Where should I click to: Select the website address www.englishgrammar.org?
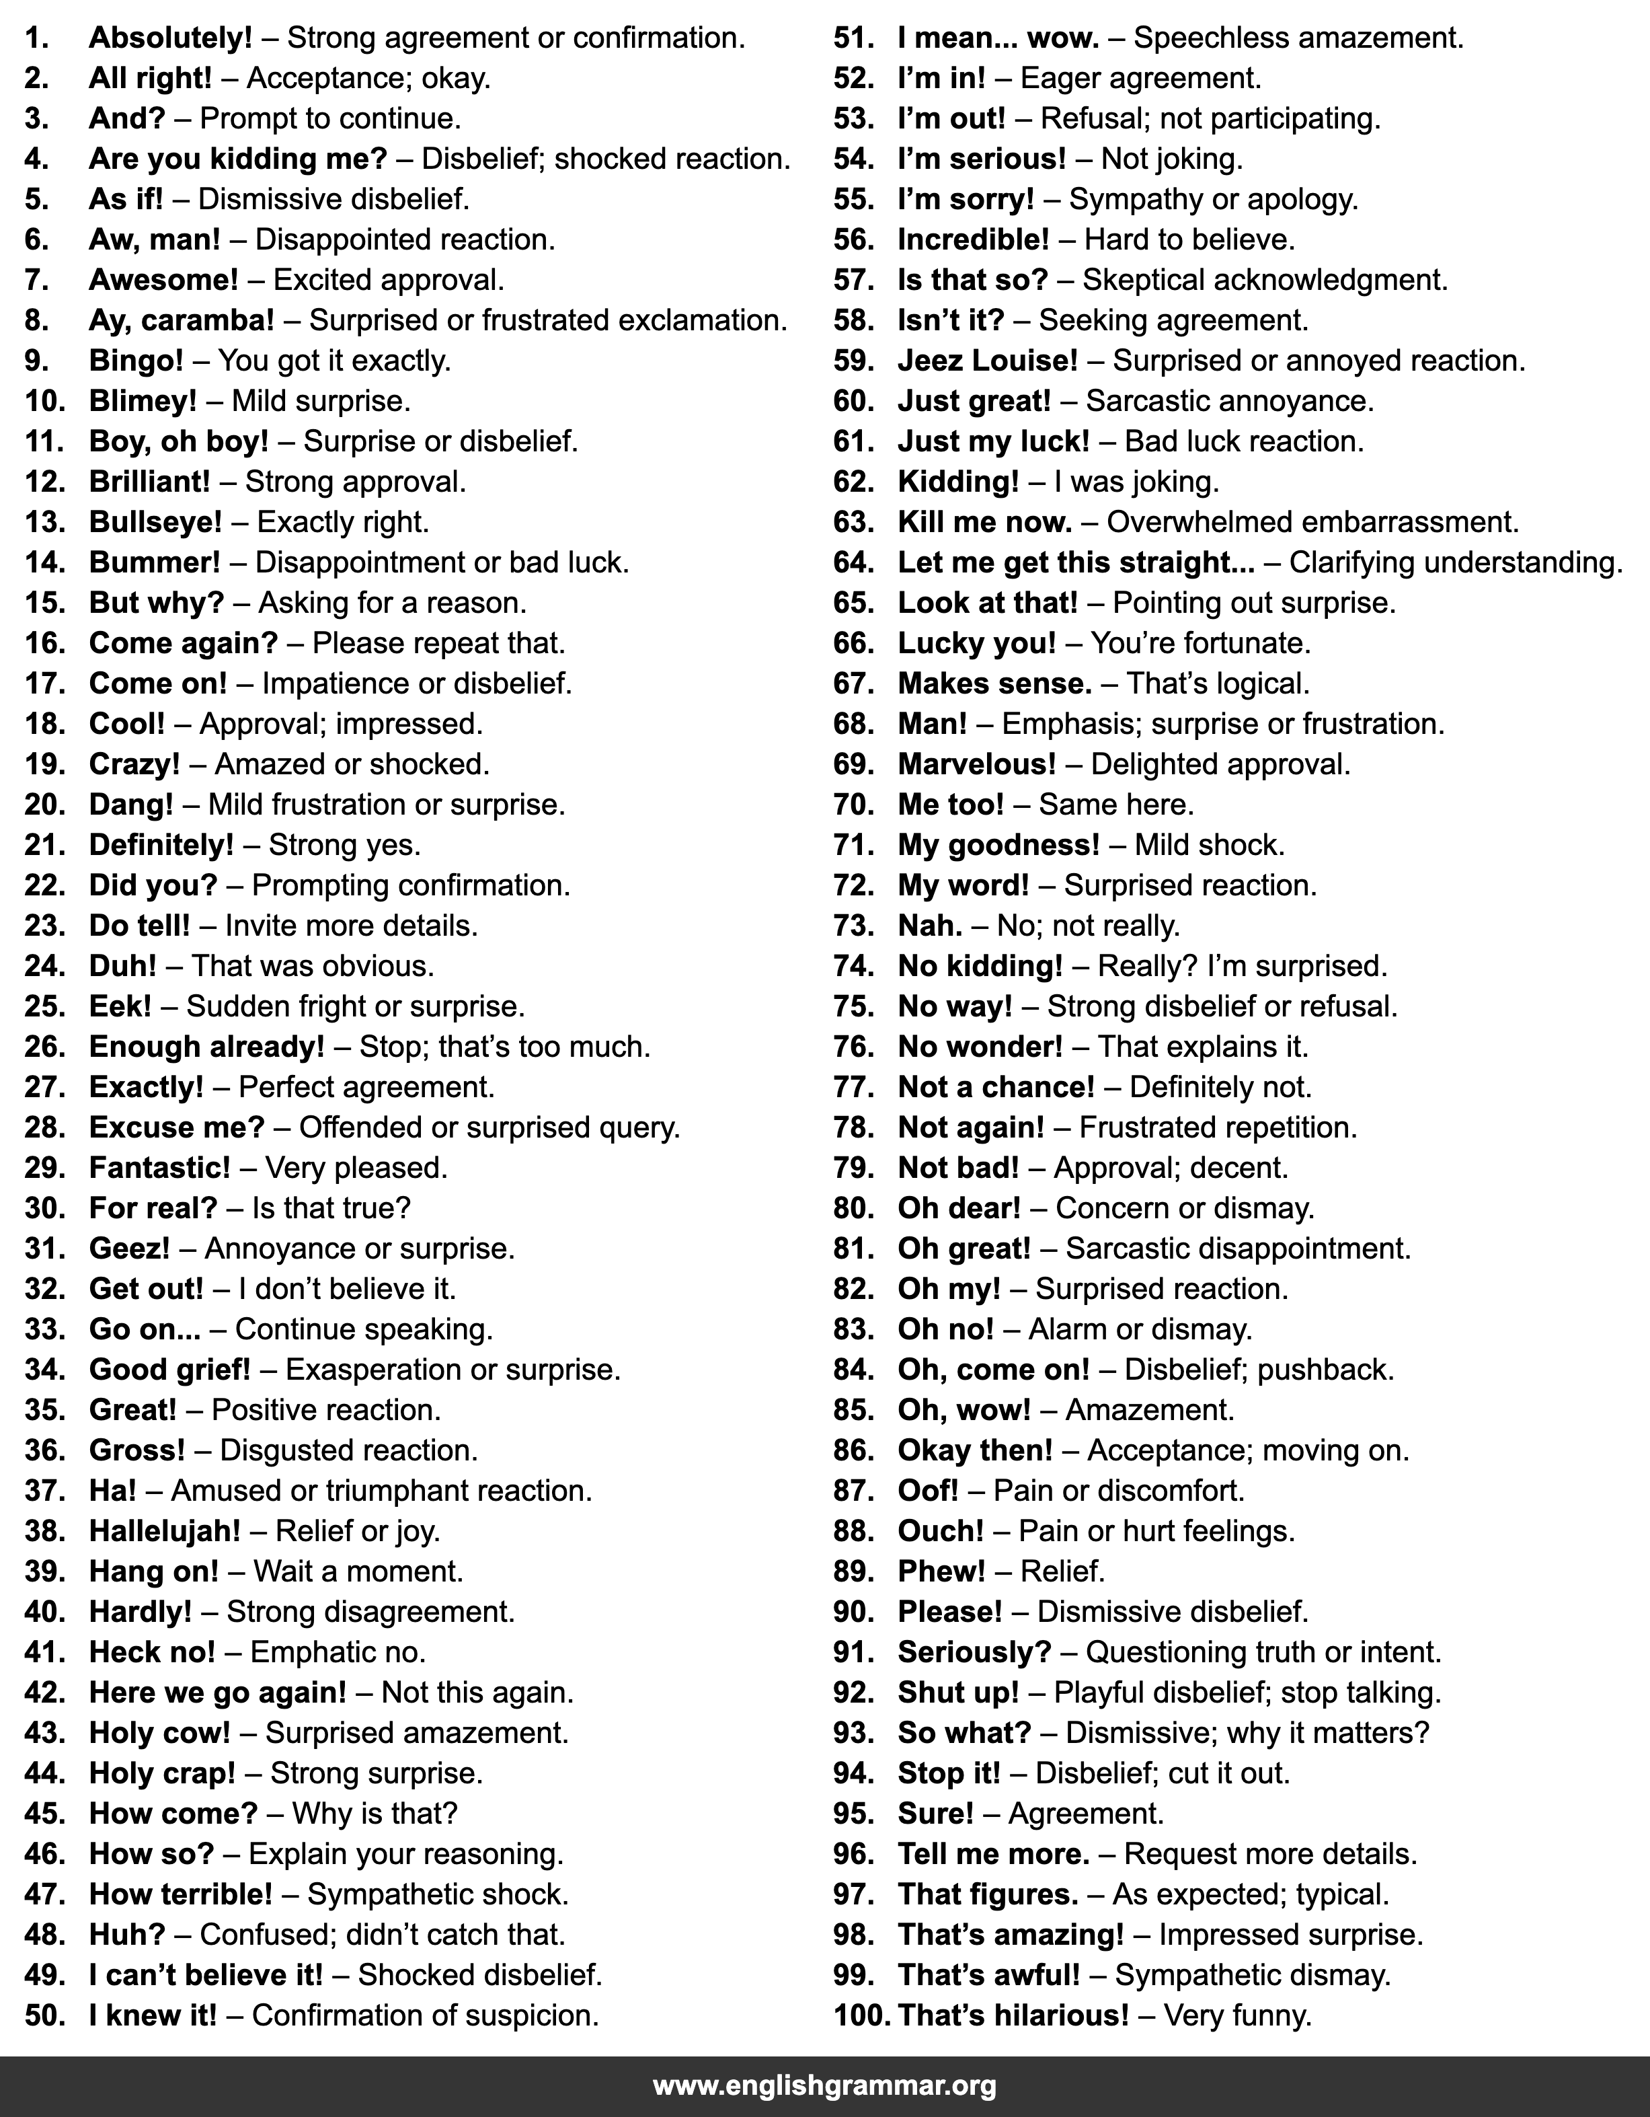tap(824, 2084)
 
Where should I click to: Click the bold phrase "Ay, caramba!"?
tap(181, 320)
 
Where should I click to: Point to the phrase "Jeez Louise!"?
tap(987, 361)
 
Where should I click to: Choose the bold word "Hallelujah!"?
tap(165, 1530)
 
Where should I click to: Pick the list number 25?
tap(44, 1006)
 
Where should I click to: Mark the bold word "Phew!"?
tap(941, 1571)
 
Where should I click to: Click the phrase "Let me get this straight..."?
tap(1075, 562)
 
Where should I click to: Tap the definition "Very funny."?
tap(1237, 2015)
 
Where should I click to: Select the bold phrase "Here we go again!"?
tap(217, 1693)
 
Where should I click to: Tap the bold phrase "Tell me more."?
tap(993, 1853)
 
